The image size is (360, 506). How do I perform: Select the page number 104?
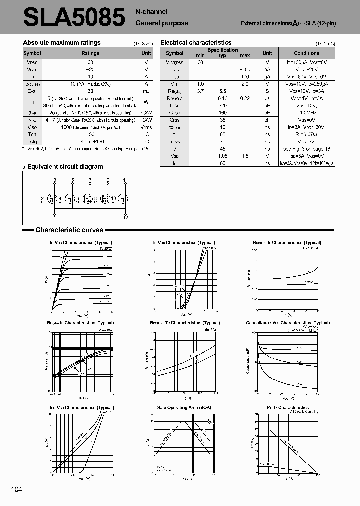click(x=16, y=489)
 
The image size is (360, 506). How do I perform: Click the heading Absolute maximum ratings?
click(x=62, y=43)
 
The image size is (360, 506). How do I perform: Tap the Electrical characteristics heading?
click(x=196, y=43)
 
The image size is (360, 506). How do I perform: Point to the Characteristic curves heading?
click(x=69, y=230)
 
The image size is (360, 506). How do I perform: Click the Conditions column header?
click(x=306, y=53)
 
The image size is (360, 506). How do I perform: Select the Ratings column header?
click(x=90, y=53)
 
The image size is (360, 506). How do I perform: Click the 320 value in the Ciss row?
click(x=223, y=106)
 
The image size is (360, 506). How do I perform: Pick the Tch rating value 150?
click(x=90, y=134)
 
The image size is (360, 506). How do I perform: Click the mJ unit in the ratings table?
click(x=146, y=91)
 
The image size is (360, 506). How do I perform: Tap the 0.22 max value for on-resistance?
click(x=244, y=98)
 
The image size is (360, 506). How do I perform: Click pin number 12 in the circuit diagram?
click(x=126, y=218)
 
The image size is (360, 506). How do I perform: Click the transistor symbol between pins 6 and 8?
click(x=87, y=199)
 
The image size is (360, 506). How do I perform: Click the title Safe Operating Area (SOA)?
click(x=184, y=408)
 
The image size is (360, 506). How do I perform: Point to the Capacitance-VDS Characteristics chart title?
click(x=288, y=323)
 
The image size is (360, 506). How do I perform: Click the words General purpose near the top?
click(x=162, y=23)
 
